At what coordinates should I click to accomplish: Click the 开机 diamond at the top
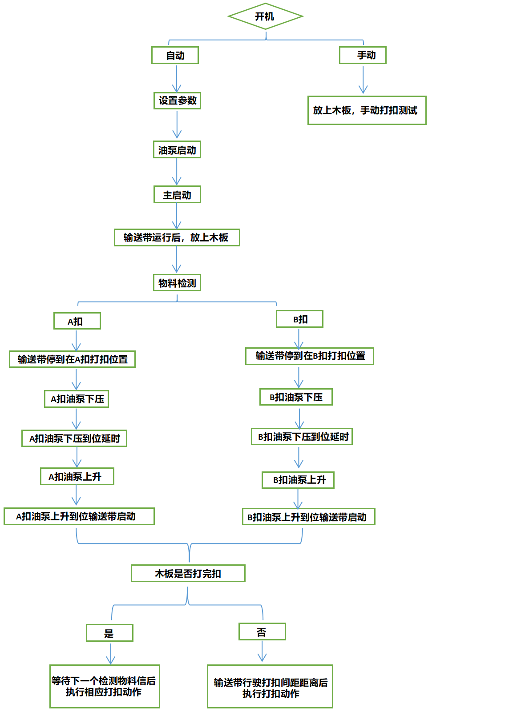pos(265,16)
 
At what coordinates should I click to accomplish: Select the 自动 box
pos(175,56)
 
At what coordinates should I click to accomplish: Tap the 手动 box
pos(363,55)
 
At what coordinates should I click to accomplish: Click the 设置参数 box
pos(177,101)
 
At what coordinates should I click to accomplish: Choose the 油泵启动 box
pos(177,150)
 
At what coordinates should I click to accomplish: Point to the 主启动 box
pos(177,195)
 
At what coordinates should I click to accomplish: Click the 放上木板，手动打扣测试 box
pos(367,110)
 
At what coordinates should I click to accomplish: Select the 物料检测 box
pos(177,283)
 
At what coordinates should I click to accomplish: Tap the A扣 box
pos(77,321)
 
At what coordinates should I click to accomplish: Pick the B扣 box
pos(299,319)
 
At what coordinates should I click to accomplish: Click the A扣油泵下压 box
pos(77,399)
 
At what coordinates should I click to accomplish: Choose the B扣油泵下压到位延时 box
pos(302,437)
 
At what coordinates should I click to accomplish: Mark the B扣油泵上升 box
pos(298,480)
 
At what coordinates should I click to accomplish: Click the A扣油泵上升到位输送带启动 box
pos(79,516)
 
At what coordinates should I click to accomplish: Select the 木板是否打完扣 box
pos(188,573)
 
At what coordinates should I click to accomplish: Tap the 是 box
pos(109,633)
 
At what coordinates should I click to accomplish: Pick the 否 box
pos(262,632)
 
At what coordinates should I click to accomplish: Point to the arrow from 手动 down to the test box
pos(363,80)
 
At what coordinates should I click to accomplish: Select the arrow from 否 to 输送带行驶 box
pos(262,652)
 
